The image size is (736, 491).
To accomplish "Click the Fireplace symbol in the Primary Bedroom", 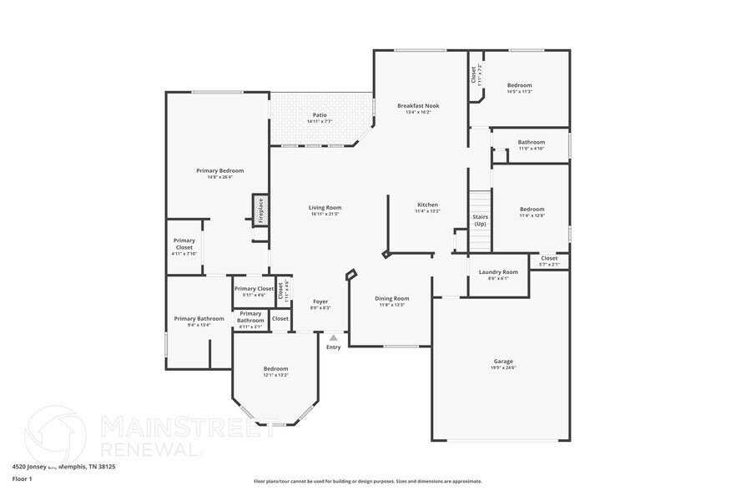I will tap(260, 210).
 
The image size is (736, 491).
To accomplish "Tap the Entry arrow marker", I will tap(333, 338).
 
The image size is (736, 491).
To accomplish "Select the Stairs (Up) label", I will tap(480, 220).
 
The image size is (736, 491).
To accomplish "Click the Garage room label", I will tap(503, 362).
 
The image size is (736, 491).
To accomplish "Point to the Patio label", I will tap(320, 115).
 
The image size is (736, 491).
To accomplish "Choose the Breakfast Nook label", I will tap(418, 106).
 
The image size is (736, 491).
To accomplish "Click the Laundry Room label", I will tap(497, 272).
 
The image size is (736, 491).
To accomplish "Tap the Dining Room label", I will tap(391, 298).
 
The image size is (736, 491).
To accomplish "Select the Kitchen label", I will tap(427, 205).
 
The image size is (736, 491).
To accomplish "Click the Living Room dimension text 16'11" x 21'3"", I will tap(325, 215).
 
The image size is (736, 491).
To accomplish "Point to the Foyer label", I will tap(320, 301).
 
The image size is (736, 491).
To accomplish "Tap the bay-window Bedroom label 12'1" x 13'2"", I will tap(275, 368).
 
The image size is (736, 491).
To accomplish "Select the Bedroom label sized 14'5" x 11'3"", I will tap(519, 85).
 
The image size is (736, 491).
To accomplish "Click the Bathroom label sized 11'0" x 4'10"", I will tap(531, 142).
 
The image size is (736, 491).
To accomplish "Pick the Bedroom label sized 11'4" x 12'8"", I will tap(532, 209).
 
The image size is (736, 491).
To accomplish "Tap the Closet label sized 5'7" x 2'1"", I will tap(549, 259).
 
